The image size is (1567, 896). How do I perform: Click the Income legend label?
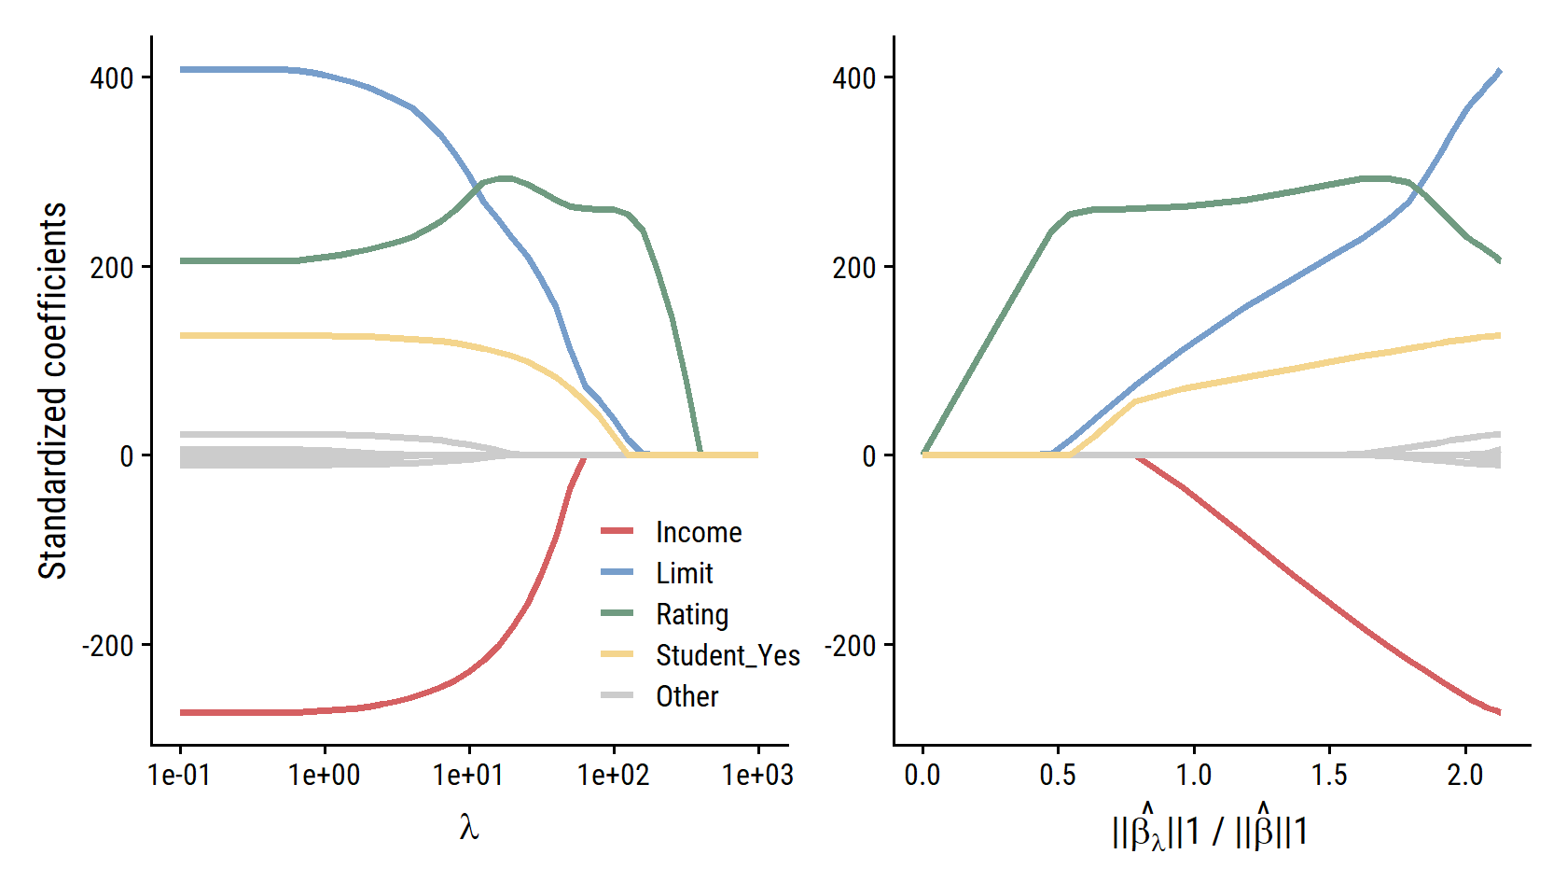click(699, 532)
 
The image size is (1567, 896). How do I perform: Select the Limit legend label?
click(684, 573)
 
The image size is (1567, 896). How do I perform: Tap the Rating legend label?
click(692, 614)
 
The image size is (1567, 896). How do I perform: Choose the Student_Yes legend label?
click(728, 655)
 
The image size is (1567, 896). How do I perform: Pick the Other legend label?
click(686, 696)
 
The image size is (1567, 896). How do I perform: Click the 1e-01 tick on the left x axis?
click(180, 775)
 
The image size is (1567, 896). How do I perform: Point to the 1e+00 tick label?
click(325, 775)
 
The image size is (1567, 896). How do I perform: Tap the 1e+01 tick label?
click(468, 775)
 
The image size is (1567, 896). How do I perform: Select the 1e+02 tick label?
click(613, 775)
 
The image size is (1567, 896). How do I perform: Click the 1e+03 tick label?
click(757, 775)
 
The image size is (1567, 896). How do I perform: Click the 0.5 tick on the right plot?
click(1058, 775)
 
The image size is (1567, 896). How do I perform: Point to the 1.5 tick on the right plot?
click(1329, 775)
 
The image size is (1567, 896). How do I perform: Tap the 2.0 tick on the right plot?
click(1464, 775)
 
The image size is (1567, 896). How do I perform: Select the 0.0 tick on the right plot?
click(922, 775)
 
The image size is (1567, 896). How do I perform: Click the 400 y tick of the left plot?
click(112, 78)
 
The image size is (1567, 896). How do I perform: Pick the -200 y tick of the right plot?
click(850, 645)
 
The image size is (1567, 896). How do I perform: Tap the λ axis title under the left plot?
click(469, 827)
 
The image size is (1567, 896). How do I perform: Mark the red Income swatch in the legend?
click(617, 531)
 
